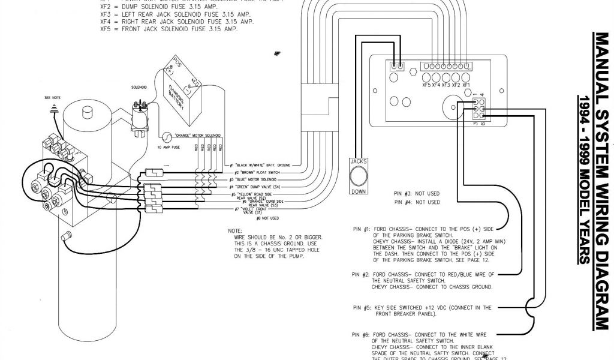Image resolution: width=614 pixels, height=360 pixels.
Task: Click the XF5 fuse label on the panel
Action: click(426, 86)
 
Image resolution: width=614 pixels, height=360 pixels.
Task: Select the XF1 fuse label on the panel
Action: click(465, 86)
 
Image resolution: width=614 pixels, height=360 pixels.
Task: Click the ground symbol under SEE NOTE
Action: click(55, 108)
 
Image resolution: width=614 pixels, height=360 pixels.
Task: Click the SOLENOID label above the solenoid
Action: click(139, 87)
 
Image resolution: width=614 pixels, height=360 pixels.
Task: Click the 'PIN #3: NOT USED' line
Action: click(417, 194)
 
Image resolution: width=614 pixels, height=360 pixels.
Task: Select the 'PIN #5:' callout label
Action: click(361, 308)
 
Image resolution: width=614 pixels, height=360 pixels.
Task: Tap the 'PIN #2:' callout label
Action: click(361, 274)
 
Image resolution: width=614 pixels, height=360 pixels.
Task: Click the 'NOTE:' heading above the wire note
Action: click(234, 230)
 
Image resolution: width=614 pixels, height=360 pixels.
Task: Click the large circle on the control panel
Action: click(450, 110)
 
